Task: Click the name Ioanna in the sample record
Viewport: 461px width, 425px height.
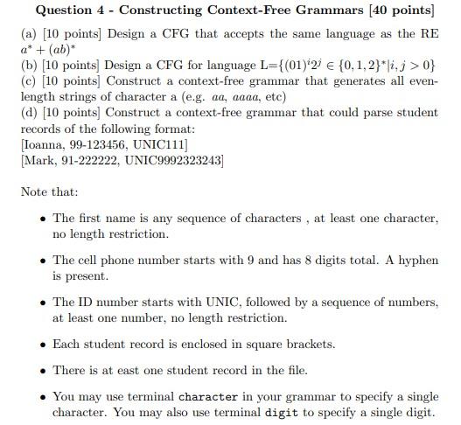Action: coord(44,144)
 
